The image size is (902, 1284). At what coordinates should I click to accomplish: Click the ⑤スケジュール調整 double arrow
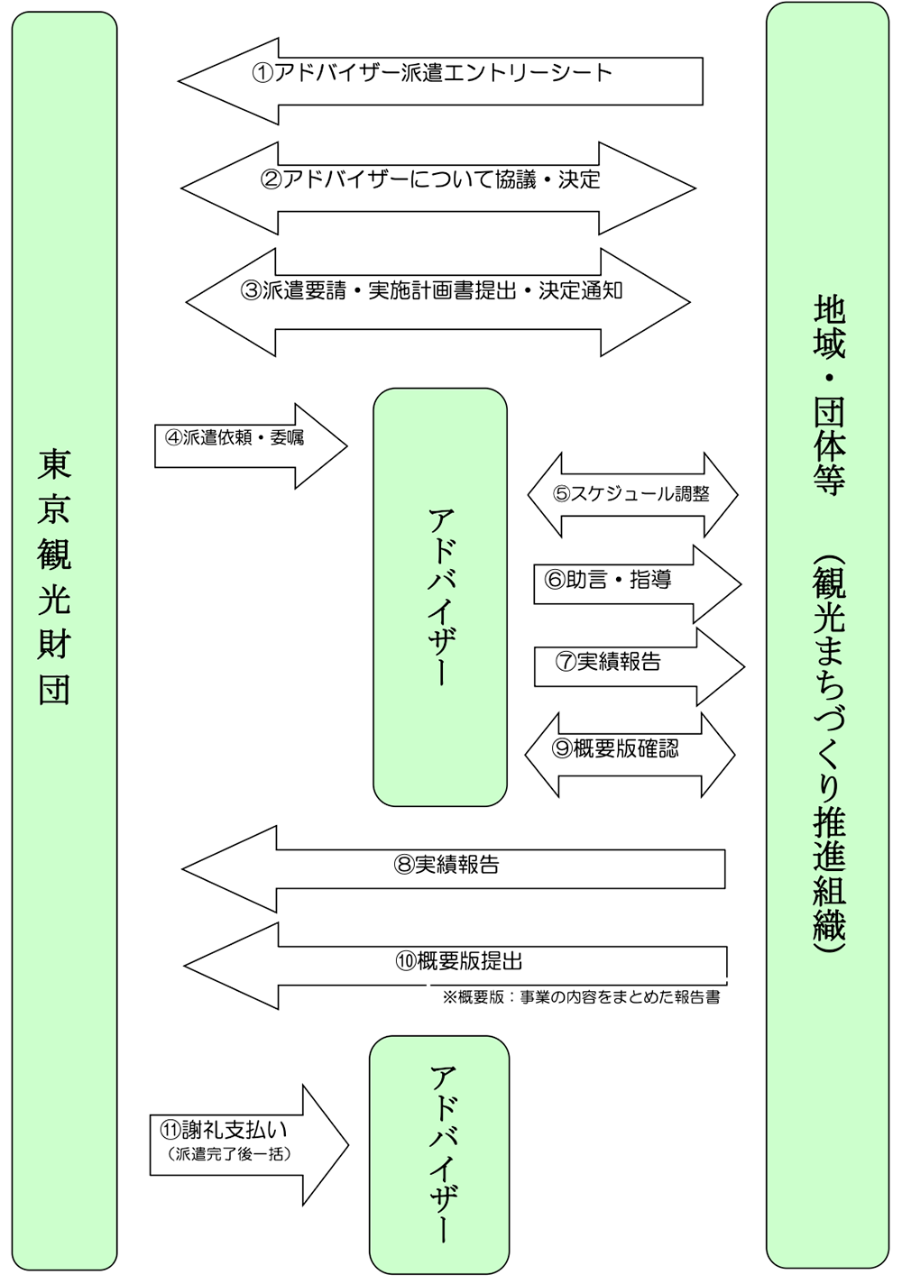pos(632,495)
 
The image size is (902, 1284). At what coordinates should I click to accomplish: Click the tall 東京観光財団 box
pos(64,640)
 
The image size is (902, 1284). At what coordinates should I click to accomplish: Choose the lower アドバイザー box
pos(439,1154)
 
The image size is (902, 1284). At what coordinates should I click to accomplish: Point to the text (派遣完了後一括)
pos(230,1154)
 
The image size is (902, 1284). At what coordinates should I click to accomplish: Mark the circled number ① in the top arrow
pos(262,73)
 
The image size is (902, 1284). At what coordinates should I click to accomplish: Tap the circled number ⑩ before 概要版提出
pos(405,961)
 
